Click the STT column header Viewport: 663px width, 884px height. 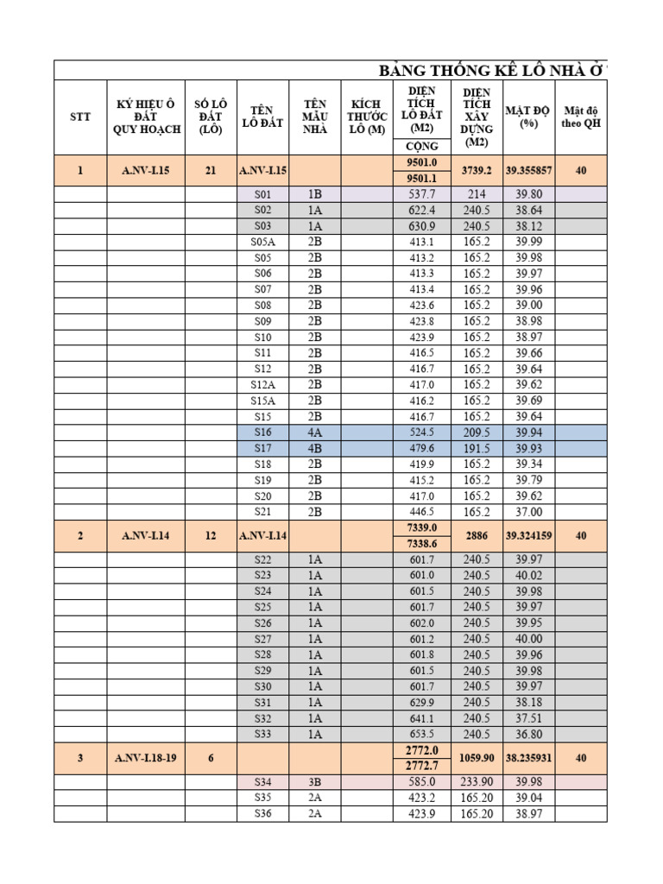80,117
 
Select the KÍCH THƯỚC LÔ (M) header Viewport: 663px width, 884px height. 367,117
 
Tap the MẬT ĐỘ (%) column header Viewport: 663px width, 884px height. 528,117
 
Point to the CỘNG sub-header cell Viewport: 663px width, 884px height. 422,146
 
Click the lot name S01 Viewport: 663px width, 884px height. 263,194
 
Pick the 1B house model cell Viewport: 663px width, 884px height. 315,194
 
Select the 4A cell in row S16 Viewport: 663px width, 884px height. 315,433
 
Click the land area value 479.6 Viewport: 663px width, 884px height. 422,448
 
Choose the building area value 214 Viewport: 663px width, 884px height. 477,194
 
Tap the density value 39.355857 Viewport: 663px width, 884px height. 528,171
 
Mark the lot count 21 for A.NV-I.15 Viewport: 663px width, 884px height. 211,171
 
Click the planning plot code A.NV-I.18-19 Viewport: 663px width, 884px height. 145,758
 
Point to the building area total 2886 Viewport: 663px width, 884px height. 477,535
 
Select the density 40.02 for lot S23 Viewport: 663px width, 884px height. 528,575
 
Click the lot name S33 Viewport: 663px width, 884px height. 263,734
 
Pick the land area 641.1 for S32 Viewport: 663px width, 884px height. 422,718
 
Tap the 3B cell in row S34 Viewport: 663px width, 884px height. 315,782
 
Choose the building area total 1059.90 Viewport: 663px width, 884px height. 477,758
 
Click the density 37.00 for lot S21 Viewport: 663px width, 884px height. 528,511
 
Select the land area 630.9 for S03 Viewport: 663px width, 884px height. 422,226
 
